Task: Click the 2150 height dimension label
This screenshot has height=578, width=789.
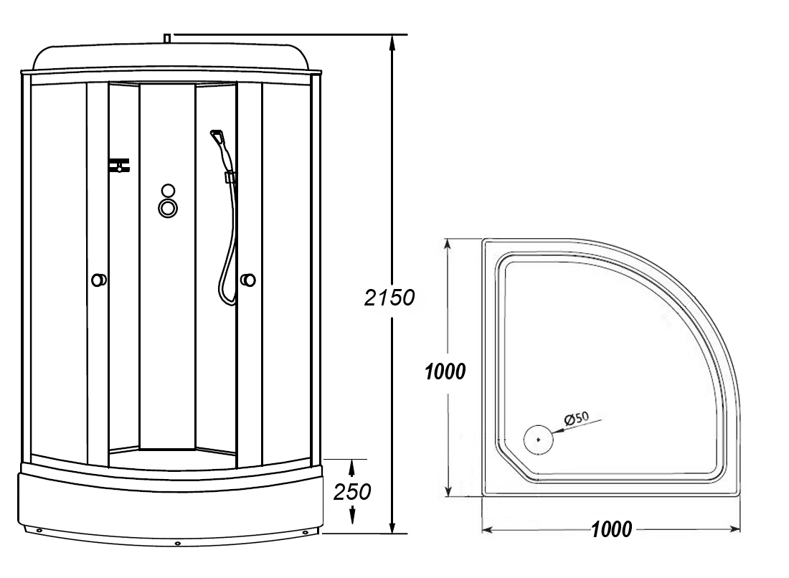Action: (389, 298)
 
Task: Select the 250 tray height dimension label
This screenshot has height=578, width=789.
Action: (353, 492)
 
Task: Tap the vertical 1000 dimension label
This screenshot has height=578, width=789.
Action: (445, 371)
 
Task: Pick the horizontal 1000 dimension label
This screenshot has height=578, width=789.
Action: (611, 530)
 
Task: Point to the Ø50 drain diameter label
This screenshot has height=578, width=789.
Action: (576, 418)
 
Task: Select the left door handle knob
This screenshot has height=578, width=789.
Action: (98, 280)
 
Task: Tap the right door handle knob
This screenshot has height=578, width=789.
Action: (248, 280)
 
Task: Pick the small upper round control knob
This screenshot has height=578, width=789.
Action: (169, 191)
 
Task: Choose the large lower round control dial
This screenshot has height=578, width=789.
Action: (169, 208)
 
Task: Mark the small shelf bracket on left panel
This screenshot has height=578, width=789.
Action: (119, 166)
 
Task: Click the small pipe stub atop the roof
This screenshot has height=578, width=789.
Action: (166, 37)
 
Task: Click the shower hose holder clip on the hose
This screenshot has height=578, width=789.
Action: (231, 176)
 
